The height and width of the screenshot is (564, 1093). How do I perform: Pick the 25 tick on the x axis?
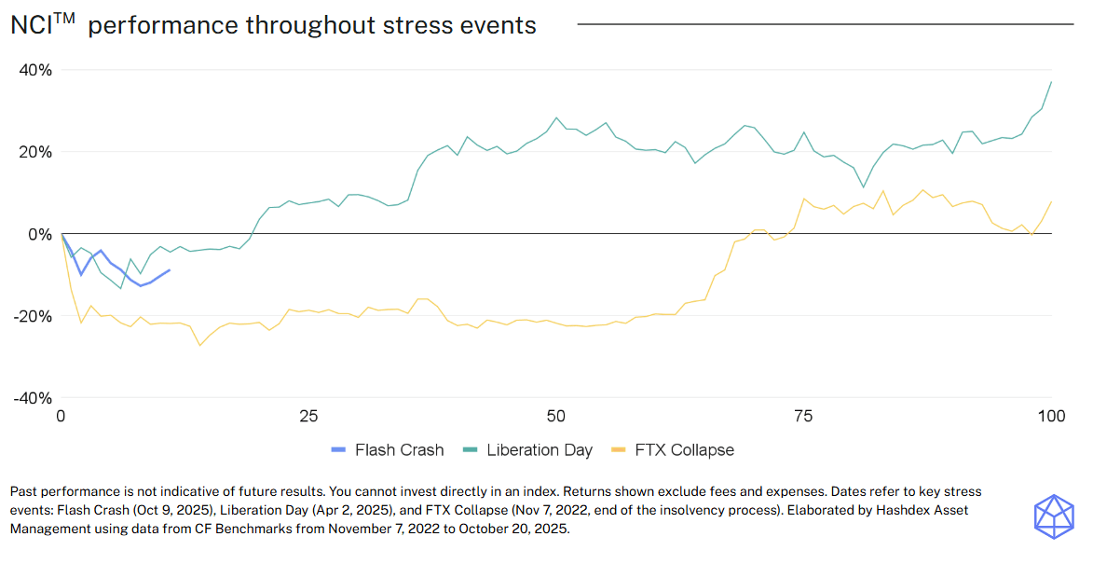tap(308, 415)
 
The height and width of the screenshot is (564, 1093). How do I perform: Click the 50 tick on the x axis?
tap(556, 415)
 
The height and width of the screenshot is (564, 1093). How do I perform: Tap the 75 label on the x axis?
tap(804, 415)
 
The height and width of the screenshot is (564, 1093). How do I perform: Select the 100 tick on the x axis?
tap(1051, 415)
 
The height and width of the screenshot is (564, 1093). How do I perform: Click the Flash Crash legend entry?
tap(388, 450)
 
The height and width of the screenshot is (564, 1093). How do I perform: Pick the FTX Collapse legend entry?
tap(683, 450)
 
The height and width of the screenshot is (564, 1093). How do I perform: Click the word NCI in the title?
tap(31, 26)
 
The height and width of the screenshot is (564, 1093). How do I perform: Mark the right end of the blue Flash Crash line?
tap(170, 270)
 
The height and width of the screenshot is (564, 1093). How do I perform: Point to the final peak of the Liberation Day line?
tap(1051, 81)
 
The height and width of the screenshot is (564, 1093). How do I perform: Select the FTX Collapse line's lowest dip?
tap(199, 346)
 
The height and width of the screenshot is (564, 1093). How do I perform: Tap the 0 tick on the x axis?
tap(61, 415)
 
